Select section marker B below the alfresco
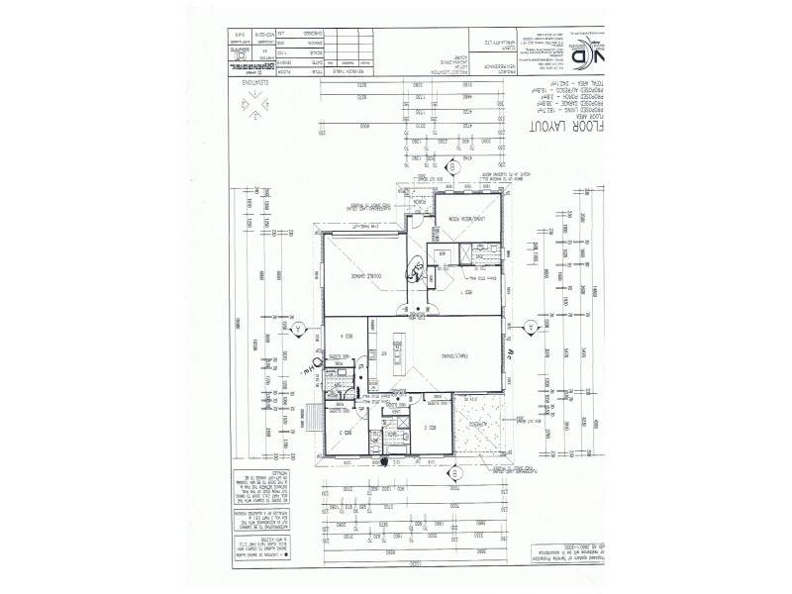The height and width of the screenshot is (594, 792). coord(454,473)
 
